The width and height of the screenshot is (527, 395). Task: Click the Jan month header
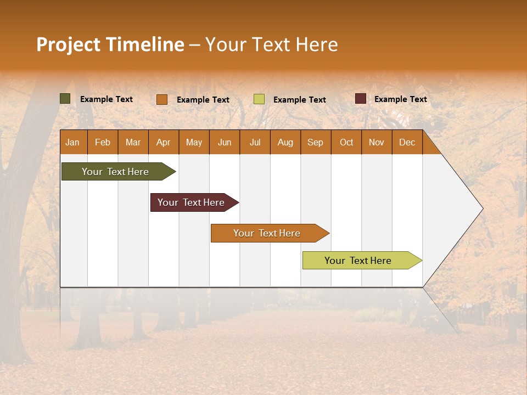click(72, 142)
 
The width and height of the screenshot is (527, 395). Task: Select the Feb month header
click(103, 142)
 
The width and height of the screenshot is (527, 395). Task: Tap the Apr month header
click(164, 142)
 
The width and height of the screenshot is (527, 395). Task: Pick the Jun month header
click(225, 142)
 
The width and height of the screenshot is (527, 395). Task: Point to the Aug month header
click(285, 142)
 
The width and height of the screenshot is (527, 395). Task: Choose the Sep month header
click(316, 142)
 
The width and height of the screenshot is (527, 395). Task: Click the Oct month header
click(346, 142)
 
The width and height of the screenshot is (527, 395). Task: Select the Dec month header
click(407, 142)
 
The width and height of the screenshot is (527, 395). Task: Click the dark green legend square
click(65, 99)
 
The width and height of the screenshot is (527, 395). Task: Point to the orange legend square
click(162, 99)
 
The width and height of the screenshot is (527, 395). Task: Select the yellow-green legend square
click(259, 99)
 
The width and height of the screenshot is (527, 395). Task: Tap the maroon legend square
click(361, 99)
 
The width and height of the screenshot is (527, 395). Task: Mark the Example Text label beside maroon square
click(401, 99)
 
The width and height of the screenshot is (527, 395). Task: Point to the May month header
click(194, 142)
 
